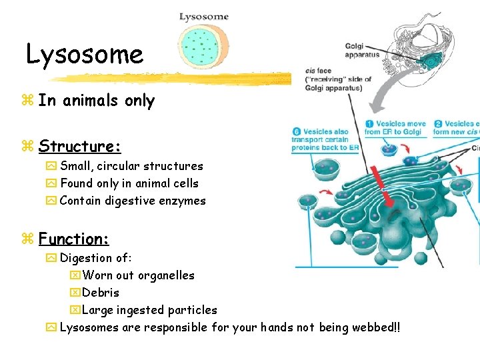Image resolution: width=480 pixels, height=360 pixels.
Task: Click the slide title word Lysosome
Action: point(85,54)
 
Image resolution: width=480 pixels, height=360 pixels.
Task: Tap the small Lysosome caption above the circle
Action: point(204,17)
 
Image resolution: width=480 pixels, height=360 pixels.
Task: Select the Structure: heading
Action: point(79,146)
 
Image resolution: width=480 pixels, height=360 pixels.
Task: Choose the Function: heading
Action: point(73,238)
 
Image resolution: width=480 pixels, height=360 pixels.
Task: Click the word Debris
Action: point(101,293)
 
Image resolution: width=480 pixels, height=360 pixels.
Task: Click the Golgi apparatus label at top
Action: point(362,51)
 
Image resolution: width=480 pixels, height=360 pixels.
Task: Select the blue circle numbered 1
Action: point(369,124)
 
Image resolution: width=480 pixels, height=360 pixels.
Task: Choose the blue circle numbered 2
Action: point(438,124)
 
